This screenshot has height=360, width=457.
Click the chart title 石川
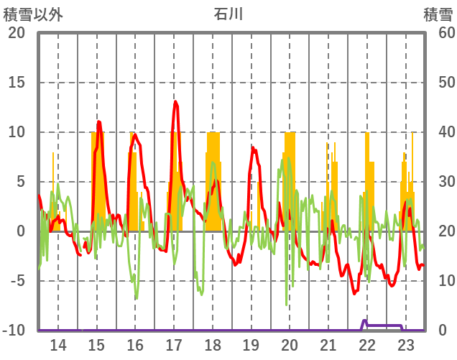pyautogui.click(x=229, y=14)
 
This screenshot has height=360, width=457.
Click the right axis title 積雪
pyautogui.click(x=438, y=14)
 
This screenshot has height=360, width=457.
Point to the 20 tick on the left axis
pyautogui.click(x=17, y=33)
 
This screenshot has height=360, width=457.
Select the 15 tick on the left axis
pyautogui.click(x=17, y=83)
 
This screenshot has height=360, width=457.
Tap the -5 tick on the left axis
pyautogui.click(x=17, y=281)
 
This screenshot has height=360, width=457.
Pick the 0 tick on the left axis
pyautogui.click(x=21, y=231)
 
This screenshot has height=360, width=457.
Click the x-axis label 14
pyautogui.click(x=58, y=344)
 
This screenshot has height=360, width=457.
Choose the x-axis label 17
pyautogui.click(x=174, y=344)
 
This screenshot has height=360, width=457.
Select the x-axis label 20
pyautogui.click(x=290, y=344)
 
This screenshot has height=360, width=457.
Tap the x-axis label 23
pyautogui.click(x=405, y=344)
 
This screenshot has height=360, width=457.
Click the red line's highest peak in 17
pyautogui.click(x=175, y=102)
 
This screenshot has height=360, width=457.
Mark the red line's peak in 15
pyautogui.click(x=98, y=122)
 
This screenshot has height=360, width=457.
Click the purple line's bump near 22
pyautogui.click(x=364, y=320)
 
